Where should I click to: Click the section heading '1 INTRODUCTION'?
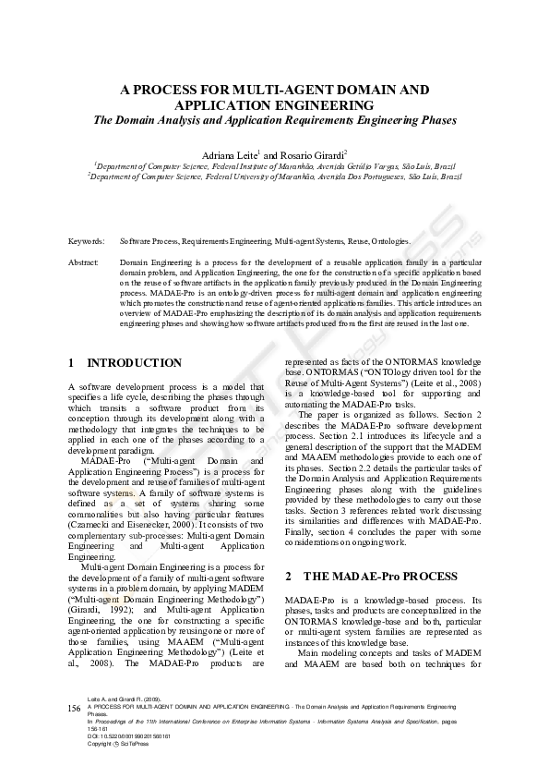[125, 363]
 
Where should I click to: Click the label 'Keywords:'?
[86, 241]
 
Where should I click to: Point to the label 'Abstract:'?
[84, 263]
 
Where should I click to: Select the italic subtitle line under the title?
[274, 121]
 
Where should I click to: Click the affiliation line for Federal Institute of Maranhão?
[274, 165]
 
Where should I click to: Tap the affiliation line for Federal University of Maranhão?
[274, 175]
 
